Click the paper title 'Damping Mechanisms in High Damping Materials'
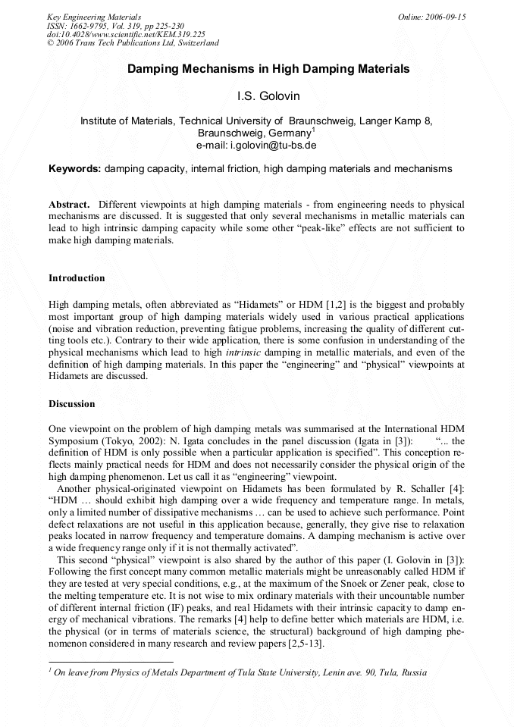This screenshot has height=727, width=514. (268, 69)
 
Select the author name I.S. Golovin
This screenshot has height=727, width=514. (257, 97)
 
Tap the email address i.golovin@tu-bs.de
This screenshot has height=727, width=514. (256, 144)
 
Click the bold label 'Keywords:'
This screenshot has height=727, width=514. (75, 168)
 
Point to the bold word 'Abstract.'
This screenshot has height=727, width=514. (69, 205)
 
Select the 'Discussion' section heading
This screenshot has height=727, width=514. (72, 404)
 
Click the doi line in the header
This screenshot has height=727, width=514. (125, 35)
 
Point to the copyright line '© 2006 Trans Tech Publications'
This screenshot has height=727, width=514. (133, 43)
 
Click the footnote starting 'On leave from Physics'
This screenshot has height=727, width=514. (239, 672)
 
